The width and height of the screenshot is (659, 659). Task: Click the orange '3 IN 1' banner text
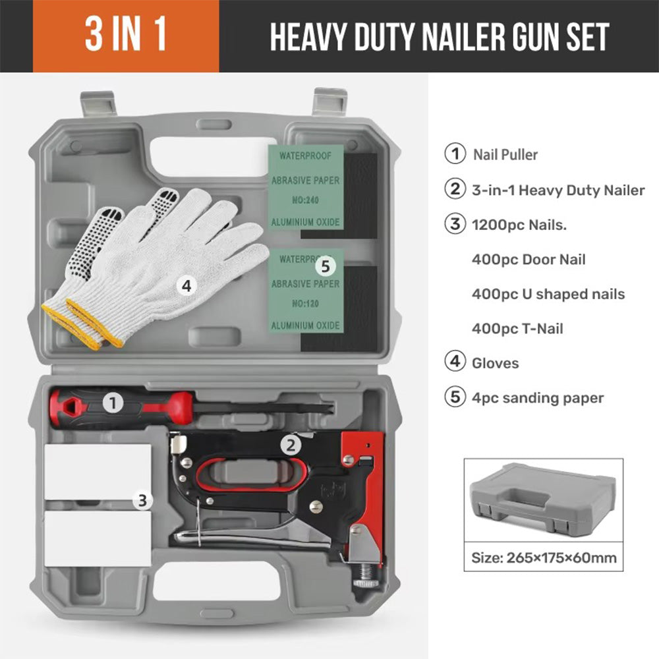coord(125,37)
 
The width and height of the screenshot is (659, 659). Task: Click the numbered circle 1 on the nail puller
coord(113,403)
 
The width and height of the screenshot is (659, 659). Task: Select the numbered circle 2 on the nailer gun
coord(291,445)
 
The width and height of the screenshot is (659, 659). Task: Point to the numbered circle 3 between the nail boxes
coord(143,501)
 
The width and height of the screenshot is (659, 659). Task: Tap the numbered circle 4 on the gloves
coord(186,285)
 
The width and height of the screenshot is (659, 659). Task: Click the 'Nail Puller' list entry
coord(505,155)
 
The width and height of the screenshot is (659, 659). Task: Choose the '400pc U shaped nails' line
coord(548,294)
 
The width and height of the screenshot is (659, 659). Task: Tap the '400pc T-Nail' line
coord(517,328)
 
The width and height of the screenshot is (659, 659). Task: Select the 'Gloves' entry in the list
coord(496,363)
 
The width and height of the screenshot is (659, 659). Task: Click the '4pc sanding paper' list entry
coord(538,398)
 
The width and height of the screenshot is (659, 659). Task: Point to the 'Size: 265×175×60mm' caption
coord(544,558)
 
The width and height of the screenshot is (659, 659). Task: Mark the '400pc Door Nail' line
coord(529,259)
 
